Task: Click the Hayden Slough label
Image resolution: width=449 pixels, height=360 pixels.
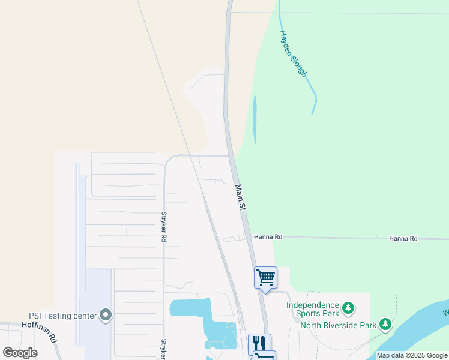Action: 294,54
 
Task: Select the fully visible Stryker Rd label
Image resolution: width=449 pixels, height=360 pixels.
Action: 163,226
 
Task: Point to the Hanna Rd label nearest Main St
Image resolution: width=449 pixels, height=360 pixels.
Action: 268,237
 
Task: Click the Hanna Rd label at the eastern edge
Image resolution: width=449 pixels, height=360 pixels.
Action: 403,238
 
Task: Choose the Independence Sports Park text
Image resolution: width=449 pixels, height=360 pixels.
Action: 312,309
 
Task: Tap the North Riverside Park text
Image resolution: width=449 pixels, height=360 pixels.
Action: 338,326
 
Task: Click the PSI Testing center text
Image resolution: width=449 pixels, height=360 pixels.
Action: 63,315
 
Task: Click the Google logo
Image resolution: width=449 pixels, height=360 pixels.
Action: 20,352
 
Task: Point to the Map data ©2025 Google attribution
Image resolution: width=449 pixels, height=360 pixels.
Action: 412,355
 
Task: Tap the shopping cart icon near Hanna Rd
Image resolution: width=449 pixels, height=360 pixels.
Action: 265,278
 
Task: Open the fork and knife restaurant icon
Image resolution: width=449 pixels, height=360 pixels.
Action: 259,343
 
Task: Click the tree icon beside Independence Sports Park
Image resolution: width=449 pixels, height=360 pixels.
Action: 348,309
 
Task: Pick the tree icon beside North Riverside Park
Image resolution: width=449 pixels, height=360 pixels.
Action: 385,326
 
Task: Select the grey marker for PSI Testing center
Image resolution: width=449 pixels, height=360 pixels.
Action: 106,315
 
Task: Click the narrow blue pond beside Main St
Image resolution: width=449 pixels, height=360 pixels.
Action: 255,120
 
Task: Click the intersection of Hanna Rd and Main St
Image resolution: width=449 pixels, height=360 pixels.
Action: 249,237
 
